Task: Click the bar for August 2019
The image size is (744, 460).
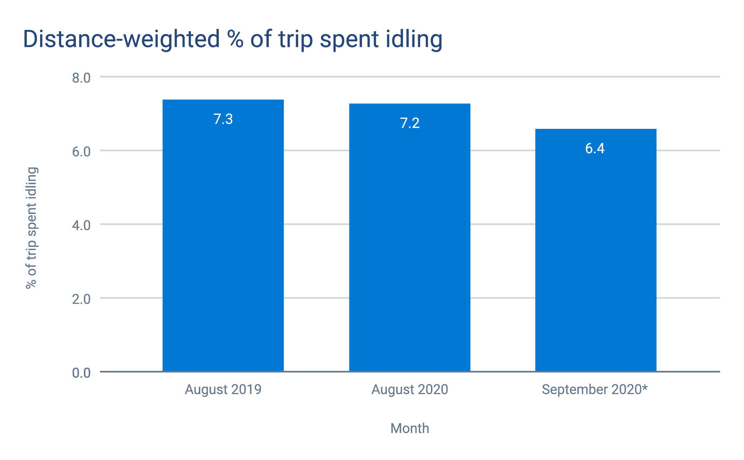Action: pos(223,241)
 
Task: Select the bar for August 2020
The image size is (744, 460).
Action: pos(409,241)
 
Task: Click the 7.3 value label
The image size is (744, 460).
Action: pos(223,119)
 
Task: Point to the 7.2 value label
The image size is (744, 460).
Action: pos(410,123)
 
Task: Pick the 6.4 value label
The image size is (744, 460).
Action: pos(595,149)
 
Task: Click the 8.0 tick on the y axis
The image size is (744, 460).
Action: pos(81,78)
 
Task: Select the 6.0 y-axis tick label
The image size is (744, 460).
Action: pos(81,152)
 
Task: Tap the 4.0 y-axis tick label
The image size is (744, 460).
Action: pos(81,225)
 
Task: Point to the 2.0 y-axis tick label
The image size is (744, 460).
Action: pos(81,299)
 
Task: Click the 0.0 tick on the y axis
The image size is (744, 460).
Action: pos(81,373)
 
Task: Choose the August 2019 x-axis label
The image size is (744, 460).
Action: pos(223,390)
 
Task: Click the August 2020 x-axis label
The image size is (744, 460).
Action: pos(410,390)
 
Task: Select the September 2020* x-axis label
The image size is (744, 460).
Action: pos(594,390)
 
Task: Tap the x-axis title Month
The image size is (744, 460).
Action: pos(410,428)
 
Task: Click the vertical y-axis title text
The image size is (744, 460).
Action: pos(31,228)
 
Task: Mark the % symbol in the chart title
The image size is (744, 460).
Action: pos(235,39)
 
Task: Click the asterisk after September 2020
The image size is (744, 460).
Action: pos(644,388)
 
